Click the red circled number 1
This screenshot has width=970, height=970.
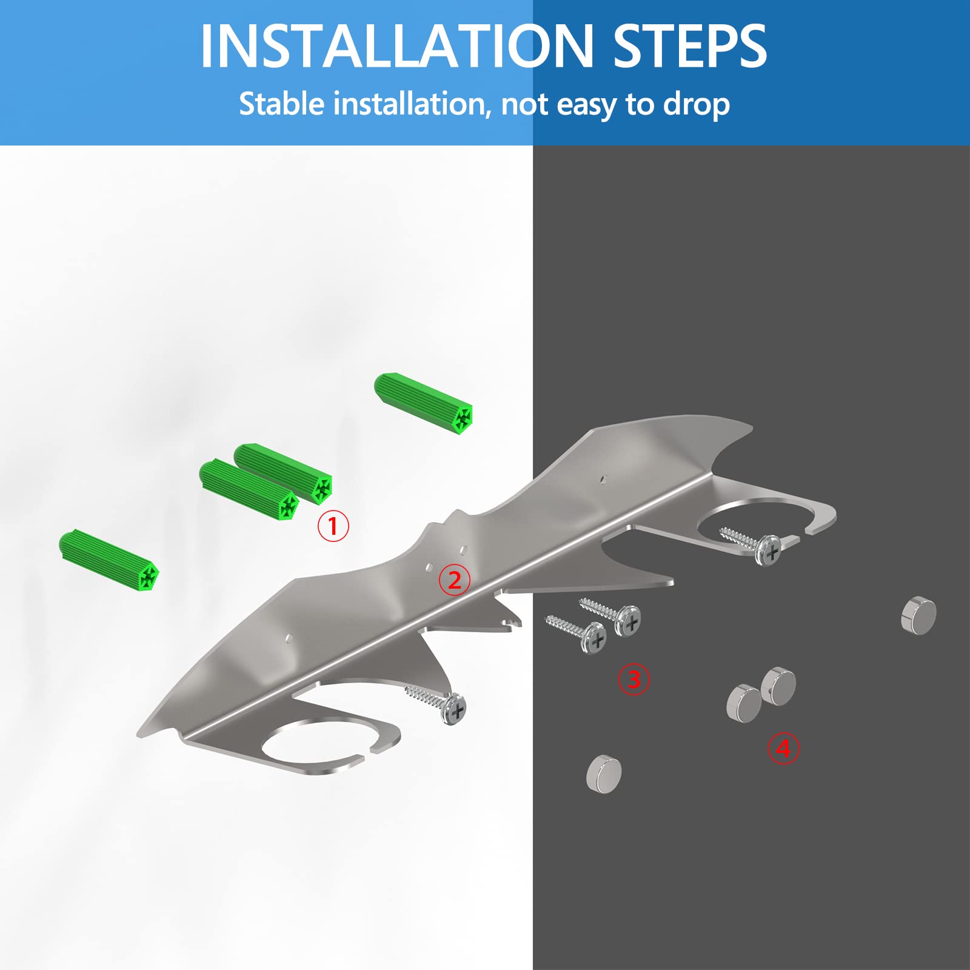click(333, 526)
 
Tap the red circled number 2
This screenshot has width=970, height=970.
click(455, 580)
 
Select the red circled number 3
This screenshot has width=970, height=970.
click(634, 679)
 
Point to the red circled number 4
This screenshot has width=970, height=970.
click(784, 749)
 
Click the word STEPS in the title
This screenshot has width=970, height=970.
click(690, 46)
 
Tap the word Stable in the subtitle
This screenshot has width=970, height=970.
click(282, 104)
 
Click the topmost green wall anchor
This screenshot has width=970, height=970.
click(424, 403)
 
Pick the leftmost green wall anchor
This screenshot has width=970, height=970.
click(110, 561)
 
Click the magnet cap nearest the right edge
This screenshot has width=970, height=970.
click(920, 616)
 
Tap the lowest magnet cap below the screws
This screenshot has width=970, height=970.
click(604, 774)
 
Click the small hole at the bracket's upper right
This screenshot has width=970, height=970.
click(603, 478)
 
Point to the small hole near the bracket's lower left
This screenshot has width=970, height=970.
click(289, 638)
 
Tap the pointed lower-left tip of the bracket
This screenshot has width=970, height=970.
click(138, 734)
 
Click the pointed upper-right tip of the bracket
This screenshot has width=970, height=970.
click(752, 426)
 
